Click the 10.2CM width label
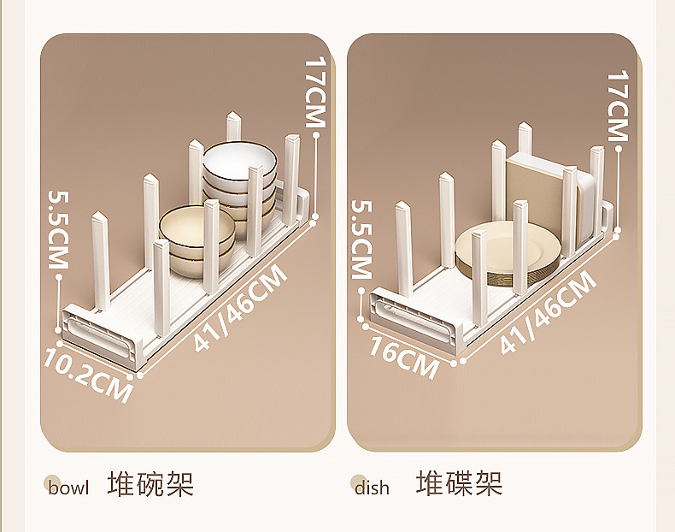pyautogui.click(x=89, y=375)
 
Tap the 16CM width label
pyautogui.click(x=404, y=356)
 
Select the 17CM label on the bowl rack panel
pyautogui.click(x=315, y=92)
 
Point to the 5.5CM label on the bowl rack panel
pyautogui.click(x=57, y=229)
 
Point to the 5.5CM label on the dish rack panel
pyautogui.click(x=361, y=239)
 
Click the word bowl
pyautogui.click(x=68, y=488)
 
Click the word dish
pyautogui.click(x=372, y=488)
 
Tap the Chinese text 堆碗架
pyautogui.click(x=151, y=484)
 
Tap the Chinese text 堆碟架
pyautogui.click(x=460, y=484)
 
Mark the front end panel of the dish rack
pyautogui.click(x=410, y=316)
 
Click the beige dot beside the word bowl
pyautogui.click(x=52, y=483)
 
